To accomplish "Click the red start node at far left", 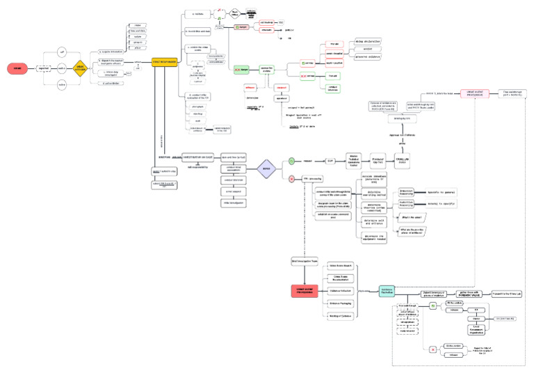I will pos(17,68).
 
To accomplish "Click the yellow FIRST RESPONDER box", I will pos(163,62).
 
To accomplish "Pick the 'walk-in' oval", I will pos(61,68).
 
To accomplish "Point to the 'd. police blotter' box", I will pos(112,83).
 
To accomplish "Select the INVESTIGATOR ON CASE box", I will pos(197,157).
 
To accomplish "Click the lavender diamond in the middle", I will pos(266,169).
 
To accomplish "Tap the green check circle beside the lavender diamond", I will pos(291,161).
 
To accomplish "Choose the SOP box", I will pos(330,161).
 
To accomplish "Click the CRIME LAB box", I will pos(404,157).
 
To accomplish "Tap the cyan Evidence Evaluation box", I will pos(388,290).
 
